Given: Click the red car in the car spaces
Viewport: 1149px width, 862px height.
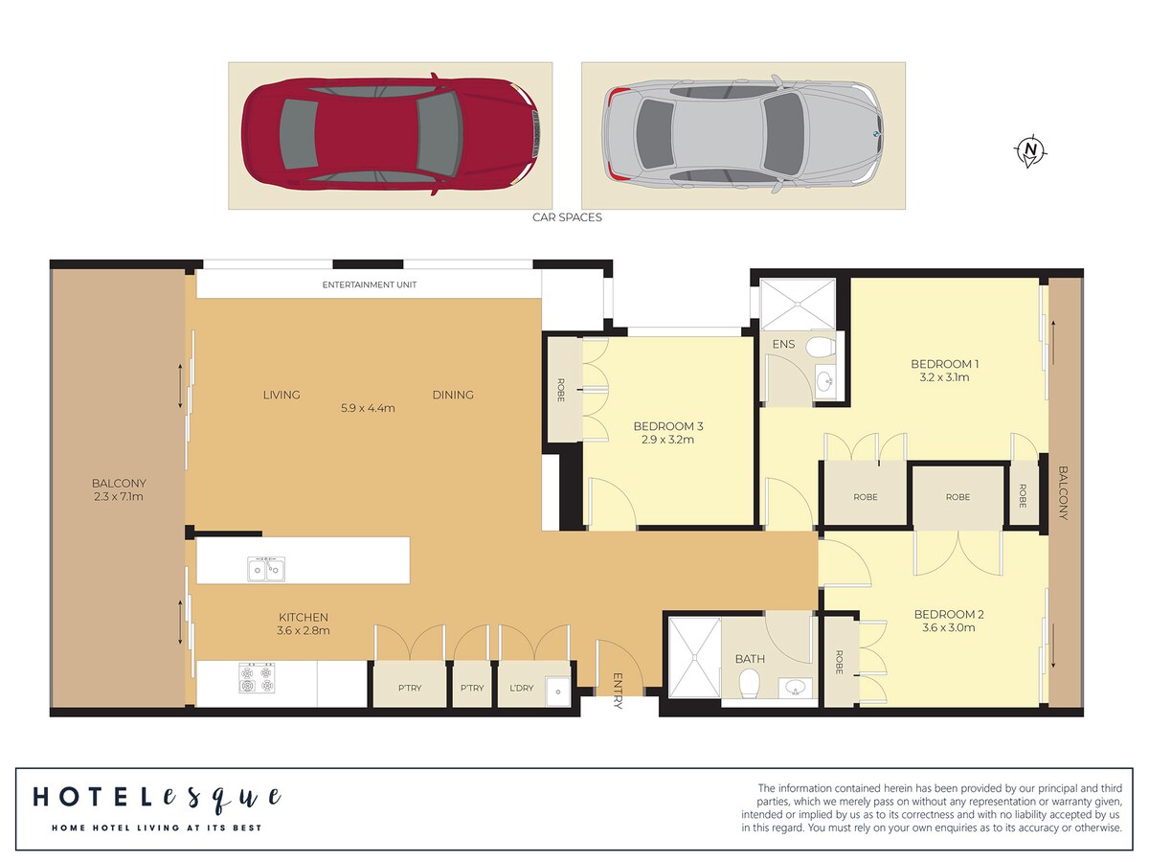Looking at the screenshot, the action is point(390,134).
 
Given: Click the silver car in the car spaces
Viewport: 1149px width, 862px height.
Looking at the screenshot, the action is point(743,134).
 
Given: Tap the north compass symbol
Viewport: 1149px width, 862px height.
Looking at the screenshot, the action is point(1030,151).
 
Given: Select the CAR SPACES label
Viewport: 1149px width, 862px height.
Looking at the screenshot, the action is point(567,217).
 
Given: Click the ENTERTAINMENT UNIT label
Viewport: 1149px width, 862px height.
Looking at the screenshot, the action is point(369,284).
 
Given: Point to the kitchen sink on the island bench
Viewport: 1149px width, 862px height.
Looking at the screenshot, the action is point(266,569).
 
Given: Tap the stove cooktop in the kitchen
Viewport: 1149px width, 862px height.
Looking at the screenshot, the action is point(257,678).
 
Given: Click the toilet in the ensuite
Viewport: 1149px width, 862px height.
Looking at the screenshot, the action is point(821,347).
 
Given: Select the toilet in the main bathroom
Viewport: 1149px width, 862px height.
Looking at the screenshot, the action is point(749,684).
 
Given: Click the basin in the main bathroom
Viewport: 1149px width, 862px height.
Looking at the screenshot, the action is point(795,688).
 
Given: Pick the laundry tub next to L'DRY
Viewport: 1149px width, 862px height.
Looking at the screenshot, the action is point(558,692).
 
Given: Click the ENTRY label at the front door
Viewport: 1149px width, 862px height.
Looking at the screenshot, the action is point(619,691).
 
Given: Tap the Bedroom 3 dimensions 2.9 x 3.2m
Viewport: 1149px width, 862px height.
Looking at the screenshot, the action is point(668,440).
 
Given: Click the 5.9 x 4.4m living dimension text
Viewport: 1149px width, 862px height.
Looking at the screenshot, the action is point(368,408).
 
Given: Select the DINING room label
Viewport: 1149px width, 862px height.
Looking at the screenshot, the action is point(453,396).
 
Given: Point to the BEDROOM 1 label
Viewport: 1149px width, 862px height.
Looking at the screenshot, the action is point(945,364).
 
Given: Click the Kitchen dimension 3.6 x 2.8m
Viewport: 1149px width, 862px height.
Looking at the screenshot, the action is point(304,630).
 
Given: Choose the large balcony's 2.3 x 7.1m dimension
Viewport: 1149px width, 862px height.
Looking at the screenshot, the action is point(119,497).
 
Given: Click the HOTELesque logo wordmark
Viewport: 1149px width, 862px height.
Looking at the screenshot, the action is point(158,798).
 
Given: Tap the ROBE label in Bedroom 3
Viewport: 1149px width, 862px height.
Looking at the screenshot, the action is point(561,390).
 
